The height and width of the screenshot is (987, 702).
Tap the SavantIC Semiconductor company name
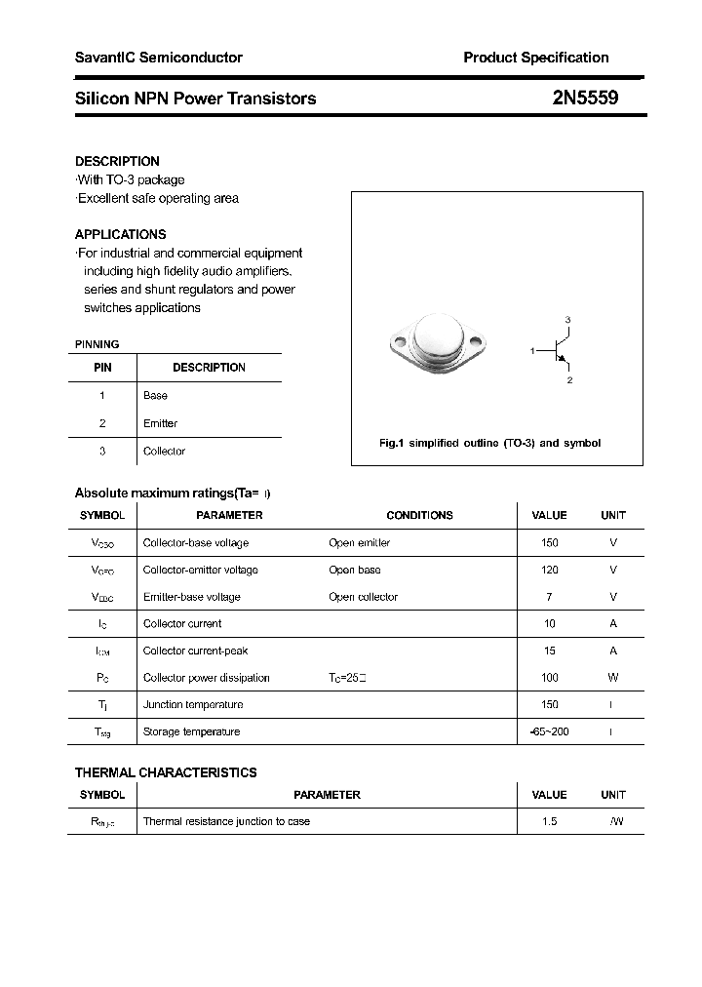pos(159,58)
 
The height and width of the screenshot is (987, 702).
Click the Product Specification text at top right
pos(535,58)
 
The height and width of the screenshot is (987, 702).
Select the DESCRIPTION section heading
pos(117,161)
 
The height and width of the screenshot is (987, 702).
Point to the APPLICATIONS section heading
pos(120,234)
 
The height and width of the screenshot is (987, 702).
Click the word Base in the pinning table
pos(155,395)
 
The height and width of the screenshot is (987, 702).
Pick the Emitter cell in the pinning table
pos(160,423)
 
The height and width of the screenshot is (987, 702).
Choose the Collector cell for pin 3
pos(164,451)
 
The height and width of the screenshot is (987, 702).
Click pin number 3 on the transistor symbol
pos(567,320)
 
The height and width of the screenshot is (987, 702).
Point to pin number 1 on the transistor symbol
pos(532,350)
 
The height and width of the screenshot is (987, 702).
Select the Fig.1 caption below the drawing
pos(489,443)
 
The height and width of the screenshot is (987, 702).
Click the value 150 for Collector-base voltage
pos(550,542)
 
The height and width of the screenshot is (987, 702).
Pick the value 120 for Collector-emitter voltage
pos(550,570)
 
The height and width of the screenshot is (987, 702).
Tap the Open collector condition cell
pos(363,597)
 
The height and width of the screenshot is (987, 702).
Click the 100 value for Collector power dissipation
pos(550,677)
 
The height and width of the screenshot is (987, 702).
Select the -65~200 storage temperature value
pos(550,731)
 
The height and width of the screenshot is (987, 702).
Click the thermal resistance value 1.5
pos(550,821)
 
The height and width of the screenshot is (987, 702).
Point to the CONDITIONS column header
pos(419,515)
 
